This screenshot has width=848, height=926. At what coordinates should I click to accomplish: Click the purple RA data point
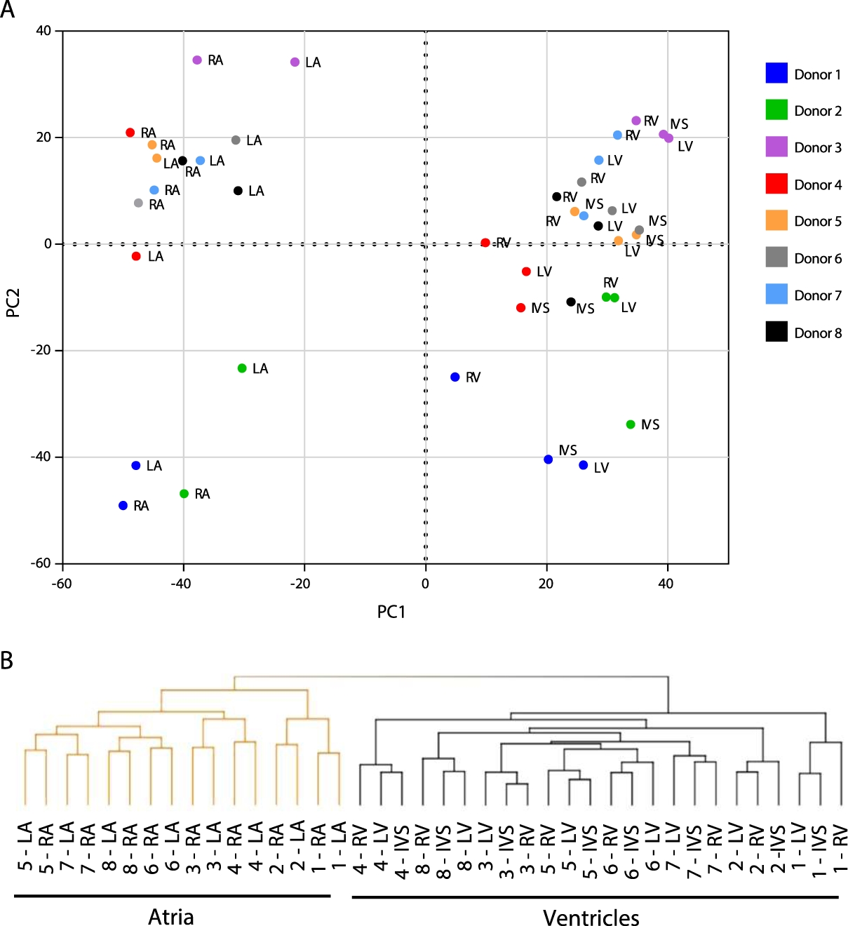coord(197,60)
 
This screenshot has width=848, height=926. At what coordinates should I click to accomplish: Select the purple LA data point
coord(295,62)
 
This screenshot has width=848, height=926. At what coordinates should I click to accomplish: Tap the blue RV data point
coord(455,377)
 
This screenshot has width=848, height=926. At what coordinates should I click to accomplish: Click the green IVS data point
coord(631,424)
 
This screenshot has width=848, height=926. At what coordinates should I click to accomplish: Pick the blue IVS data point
coord(548,459)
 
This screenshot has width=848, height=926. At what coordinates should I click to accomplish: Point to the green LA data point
coord(242,368)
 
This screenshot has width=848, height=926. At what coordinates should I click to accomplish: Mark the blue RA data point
coord(123,506)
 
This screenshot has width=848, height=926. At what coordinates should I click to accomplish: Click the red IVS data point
coord(520,308)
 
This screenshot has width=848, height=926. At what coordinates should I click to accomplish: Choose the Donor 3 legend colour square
coord(776,147)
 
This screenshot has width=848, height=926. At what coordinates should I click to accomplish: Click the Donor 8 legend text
coord(818,333)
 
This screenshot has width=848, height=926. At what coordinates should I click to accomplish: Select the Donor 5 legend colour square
coord(776,220)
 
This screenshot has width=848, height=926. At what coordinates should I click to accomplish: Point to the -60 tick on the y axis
coord(41,563)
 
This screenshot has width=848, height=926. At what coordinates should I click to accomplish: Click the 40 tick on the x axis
coord(666,584)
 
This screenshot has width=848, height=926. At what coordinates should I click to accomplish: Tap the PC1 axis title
coord(391,612)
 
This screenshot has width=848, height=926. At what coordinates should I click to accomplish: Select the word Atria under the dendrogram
coord(170,917)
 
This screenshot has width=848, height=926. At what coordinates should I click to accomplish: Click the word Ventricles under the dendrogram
coord(591,918)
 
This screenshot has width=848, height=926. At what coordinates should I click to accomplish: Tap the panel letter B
coord(7,660)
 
